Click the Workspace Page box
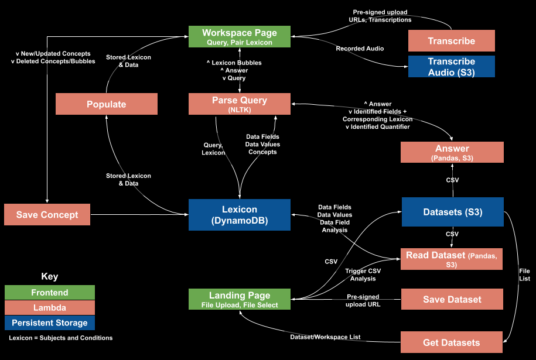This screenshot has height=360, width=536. [239, 36]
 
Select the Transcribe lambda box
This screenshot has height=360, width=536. [451, 41]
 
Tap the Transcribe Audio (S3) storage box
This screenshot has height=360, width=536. [451, 67]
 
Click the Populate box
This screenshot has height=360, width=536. [106, 104]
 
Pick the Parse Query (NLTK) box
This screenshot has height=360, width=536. [239, 104]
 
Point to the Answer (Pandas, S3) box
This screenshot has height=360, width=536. [452, 152]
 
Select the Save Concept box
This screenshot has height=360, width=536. [47, 214]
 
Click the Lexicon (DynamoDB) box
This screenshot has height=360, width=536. [239, 214]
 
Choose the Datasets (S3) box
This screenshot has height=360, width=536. [452, 212]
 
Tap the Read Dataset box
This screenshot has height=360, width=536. [451, 259]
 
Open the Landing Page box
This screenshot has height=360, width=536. [239, 299]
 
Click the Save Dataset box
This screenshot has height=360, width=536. [452, 299]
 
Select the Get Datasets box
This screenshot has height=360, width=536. [451, 342]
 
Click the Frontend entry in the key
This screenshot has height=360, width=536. [49, 292]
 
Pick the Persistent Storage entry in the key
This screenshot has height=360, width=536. [49, 323]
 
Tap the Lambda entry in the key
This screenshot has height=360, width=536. [49, 307]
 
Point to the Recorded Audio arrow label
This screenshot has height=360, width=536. [360, 49]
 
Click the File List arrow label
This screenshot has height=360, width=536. [524, 275]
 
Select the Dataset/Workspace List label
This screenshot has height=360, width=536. [326, 337]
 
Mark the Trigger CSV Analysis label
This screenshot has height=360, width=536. [363, 275]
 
